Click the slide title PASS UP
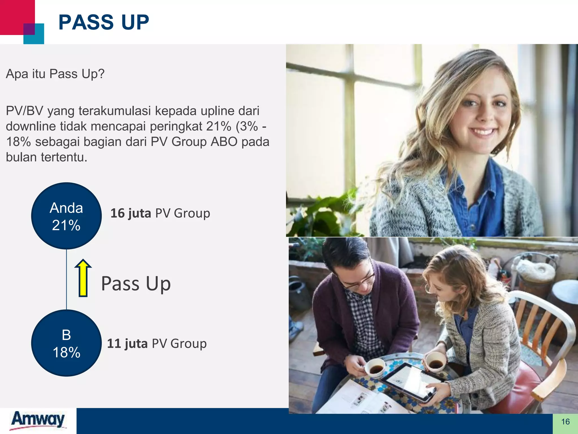point(104,22)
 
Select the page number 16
point(565,422)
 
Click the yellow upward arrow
point(83,278)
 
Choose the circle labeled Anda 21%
point(66,216)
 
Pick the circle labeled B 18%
point(66,343)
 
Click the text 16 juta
point(131,213)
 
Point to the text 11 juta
point(127,344)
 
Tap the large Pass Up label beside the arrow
point(136,284)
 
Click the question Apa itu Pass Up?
point(55,74)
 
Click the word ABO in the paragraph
point(224,142)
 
